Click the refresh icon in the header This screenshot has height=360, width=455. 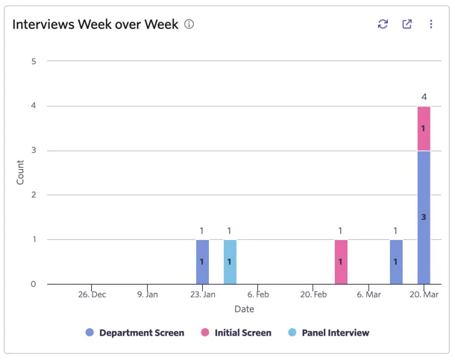tap(383, 24)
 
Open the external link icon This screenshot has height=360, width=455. tap(407, 24)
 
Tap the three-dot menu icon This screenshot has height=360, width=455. tap(431, 24)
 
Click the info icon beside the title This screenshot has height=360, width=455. tap(189, 24)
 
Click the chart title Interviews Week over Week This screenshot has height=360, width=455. tap(95, 24)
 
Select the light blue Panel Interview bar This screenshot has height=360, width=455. tap(230, 262)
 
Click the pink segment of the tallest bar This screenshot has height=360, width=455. tap(424, 129)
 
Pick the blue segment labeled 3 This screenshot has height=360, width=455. tap(424, 218)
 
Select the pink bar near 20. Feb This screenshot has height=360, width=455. tap(341, 262)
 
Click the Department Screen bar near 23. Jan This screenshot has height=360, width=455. tap(202, 262)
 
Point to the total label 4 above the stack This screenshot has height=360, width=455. tap(424, 97)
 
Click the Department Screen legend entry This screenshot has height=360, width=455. tap(135, 332)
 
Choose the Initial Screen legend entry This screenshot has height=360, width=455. tap(236, 332)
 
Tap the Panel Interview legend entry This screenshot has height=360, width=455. tap(328, 332)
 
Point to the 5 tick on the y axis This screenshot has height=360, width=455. tap(34, 61)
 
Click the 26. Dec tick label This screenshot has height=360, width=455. tap(92, 294)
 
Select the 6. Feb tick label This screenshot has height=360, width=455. tap(258, 294)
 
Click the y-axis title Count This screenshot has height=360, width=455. tap(20, 172)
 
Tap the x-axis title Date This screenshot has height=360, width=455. tap(244, 309)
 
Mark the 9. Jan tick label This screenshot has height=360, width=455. tap(148, 294)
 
